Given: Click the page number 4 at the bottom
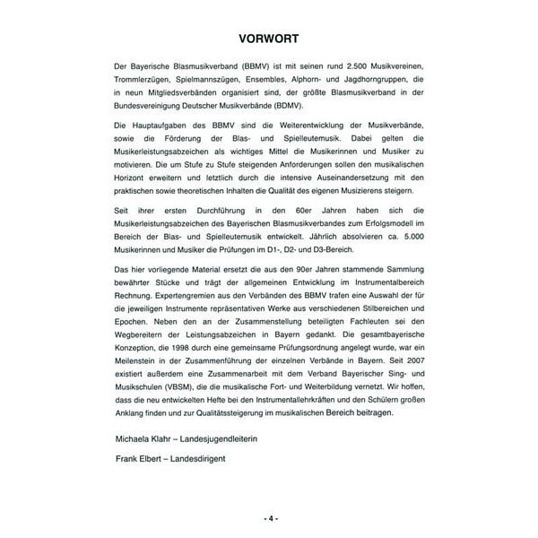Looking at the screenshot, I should click(269, 518).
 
